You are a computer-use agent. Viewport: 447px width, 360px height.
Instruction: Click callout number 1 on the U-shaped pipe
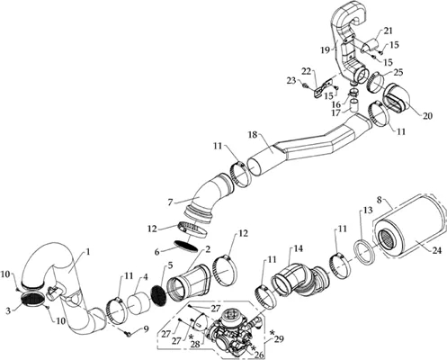pyautogui.click(x=88, y=252)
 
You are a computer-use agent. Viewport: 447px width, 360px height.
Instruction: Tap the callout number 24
pyautogui.click(x=435, y=250)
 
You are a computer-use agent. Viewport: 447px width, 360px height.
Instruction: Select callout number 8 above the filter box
pyautogui.click(x=380, y=200)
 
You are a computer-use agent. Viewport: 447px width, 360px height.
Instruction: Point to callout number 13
pyautogui.click(x=368, y=210)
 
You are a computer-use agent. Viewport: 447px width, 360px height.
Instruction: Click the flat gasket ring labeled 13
pyautogui.click(x=364, y=253)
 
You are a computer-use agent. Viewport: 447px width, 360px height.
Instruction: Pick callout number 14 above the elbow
pyautogui.click(x=299, y=248)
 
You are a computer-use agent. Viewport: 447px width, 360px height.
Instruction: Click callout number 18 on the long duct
pyautogui.click(x=253, y=135)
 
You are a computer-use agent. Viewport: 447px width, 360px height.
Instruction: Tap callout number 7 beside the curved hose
pyautogui.click(x=170, y=202)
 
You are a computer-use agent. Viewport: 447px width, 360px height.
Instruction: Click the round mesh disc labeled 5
pyautogui.click(x=160, y=295)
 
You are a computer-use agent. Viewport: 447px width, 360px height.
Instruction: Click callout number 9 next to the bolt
pyautogui.click(x=146, y=329)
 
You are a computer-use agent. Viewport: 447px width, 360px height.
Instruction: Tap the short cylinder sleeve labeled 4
pyautogui.click(x=140, y=304)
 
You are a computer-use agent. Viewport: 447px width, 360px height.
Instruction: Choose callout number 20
pyautogui.click(x=428, y=116)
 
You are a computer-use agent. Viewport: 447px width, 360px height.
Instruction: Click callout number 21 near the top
pyautogui.click(x=388, y=31)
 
